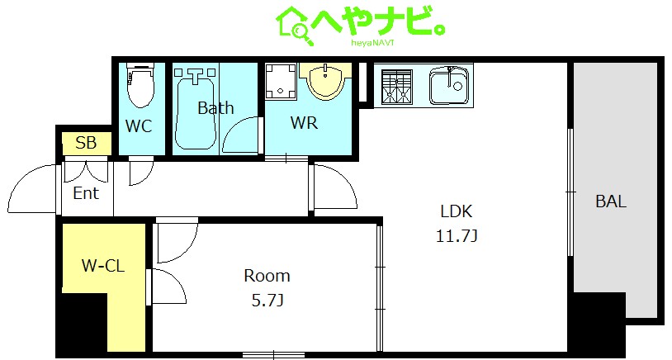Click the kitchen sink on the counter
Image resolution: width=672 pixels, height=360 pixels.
(449, 86)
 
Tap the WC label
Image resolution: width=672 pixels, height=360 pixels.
(138, 126)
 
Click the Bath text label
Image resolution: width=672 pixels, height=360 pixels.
(215, 108)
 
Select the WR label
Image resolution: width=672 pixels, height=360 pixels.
(304, 123)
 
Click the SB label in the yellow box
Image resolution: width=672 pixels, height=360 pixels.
(86, 143)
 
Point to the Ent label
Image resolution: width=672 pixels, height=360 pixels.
(86, 193)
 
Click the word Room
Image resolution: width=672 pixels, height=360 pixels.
(267, 276)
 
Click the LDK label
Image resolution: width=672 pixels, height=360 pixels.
(456, 211)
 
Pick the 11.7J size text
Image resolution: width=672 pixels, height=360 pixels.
(456, 236)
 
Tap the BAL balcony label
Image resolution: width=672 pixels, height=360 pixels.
(611, 201)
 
